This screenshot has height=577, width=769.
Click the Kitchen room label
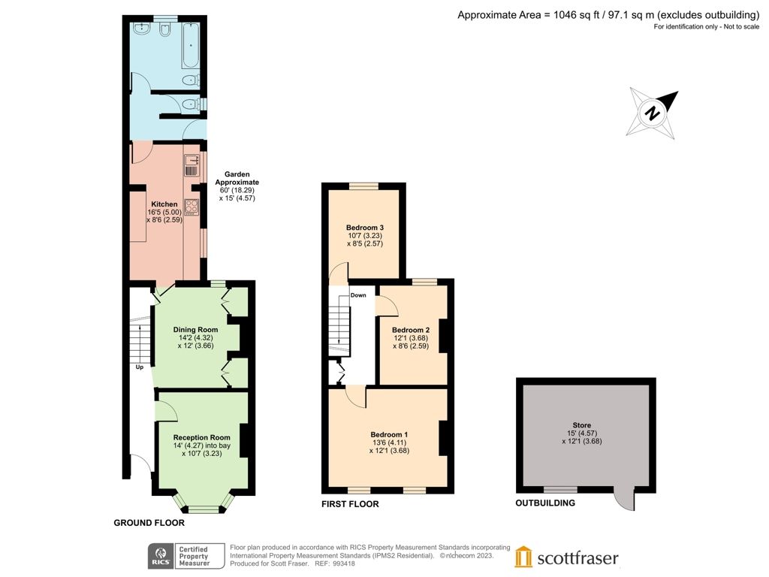coord(164,204)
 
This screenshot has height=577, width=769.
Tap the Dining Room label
coord(196,330)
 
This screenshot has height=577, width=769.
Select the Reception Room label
coord(201,437)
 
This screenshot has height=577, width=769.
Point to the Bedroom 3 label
coord(365,228)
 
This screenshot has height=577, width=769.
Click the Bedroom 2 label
coord(411,330)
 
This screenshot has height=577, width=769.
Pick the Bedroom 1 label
coord(389,434)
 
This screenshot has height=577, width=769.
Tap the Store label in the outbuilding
coord(582,425)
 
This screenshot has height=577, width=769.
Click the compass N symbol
coord(653,113)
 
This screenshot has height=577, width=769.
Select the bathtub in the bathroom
coord(191,46)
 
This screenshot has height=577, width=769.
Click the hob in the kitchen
coord(191,207)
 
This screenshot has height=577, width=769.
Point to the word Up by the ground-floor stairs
coord(139,367)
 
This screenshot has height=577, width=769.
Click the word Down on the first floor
coord(358,295)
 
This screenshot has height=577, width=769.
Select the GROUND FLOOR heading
coord(149,523)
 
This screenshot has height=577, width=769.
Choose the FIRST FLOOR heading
coord(350,504)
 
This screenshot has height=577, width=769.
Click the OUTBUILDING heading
coord(545,503)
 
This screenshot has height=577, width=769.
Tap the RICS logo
coord(161,556)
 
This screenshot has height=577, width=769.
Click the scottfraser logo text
coord(578,558)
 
